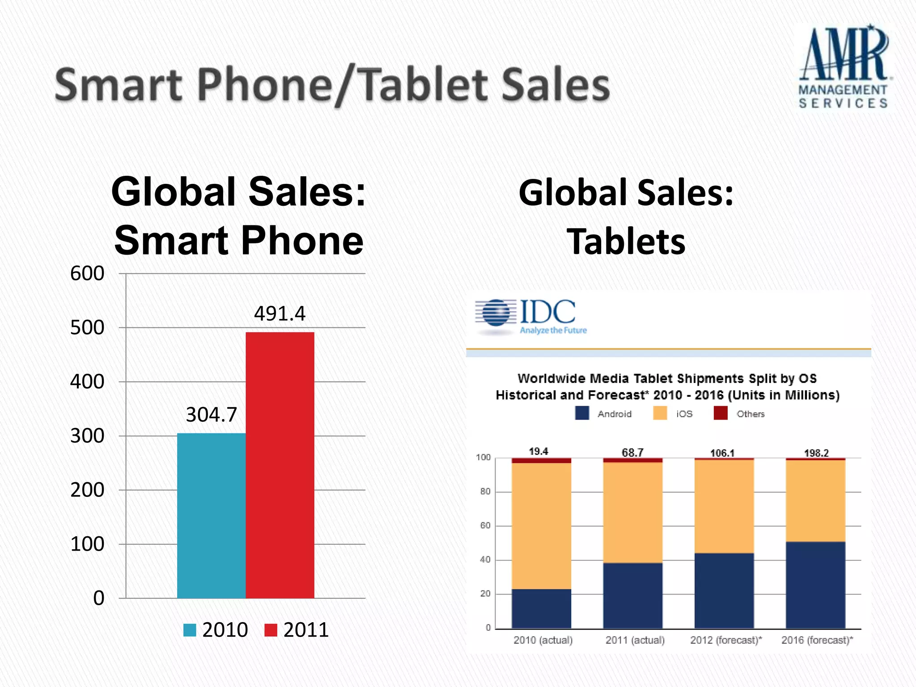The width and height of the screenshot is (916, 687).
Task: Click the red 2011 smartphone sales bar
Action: click(x=280, y=465)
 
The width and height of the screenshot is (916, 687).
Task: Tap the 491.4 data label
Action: click(x=280, y=314)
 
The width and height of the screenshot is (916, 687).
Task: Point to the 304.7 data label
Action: click(x=211, y=415)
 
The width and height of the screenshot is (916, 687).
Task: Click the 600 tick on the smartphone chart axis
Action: click(x=87, y=273)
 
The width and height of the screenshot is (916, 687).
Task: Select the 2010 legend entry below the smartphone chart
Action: click(x=216, y=630)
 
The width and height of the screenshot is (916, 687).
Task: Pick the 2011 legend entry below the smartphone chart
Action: click(x=297, y=630)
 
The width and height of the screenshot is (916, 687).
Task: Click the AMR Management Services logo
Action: click(x=844, y=67)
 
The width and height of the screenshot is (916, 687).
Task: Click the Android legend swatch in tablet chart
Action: click(x=582, y=413)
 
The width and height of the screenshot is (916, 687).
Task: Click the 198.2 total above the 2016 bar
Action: click(x=816, y=453)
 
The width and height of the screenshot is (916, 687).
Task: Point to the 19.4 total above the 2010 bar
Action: click(x=539, y=451)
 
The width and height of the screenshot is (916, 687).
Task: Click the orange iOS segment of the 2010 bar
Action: click(x=541, y=526)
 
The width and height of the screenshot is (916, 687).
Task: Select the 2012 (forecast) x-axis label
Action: click(x=726, y=640)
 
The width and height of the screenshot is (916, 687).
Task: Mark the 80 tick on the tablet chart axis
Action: click(x=485, y=492)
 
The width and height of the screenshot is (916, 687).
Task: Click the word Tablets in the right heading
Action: click(x=626, y=242)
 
